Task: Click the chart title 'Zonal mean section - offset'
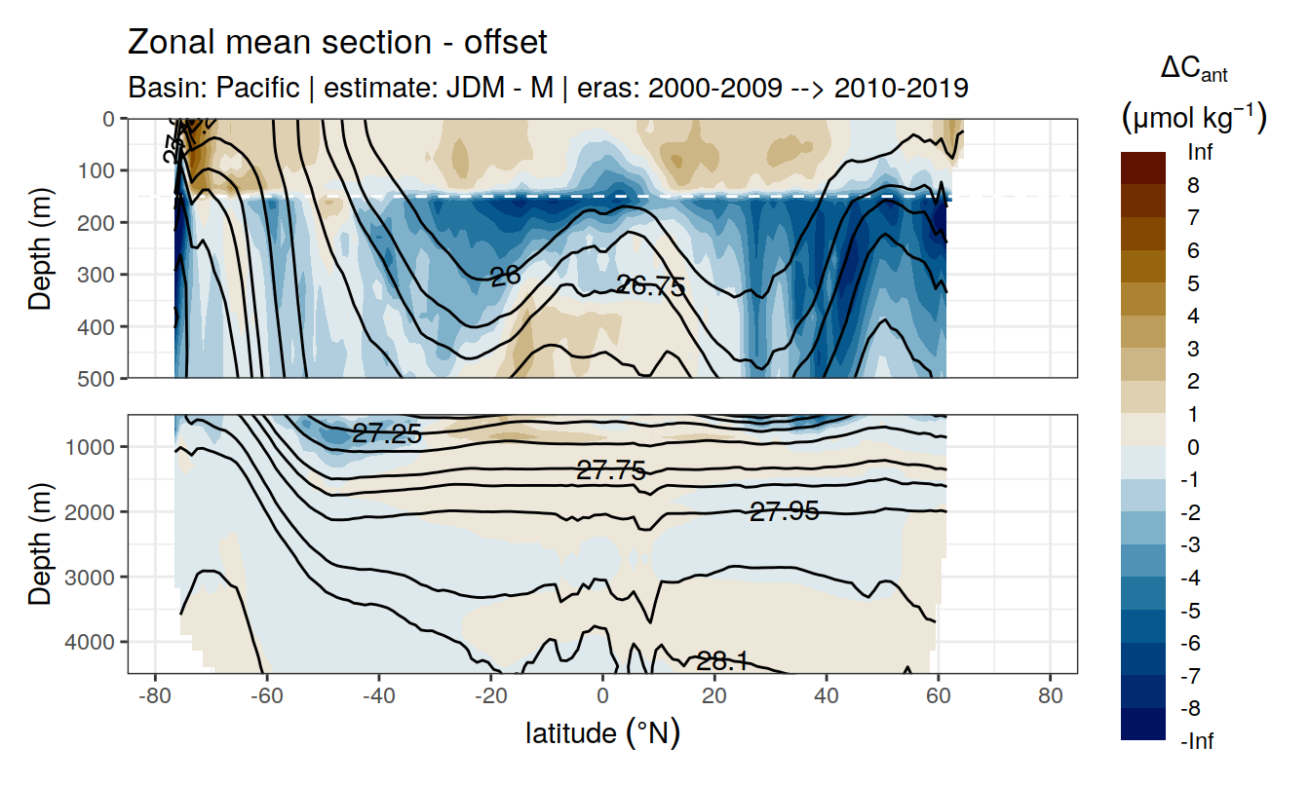pyautogui.click(x=337, y=43)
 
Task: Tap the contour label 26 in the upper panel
pyautogui.click(x=505, y=277)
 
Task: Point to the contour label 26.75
pyautogui.click(x=651, y=286)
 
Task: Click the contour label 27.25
pyautogui.click(x=387, y=434)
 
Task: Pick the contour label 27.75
pyautogui.click(x=611, y=471)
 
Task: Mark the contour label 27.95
pyautogui.click(x=784, y=510)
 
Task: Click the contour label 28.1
pyautogui.click(x=722, y=662)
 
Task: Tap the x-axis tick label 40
pyautogui.click(x=827, y=697)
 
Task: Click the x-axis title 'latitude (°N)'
pyautogui.click(x=602, y=732)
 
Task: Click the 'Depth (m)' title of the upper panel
pyautogui.click(x=40, y=248)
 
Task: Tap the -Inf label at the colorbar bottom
pyautogui.click(x=1198, y=742)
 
